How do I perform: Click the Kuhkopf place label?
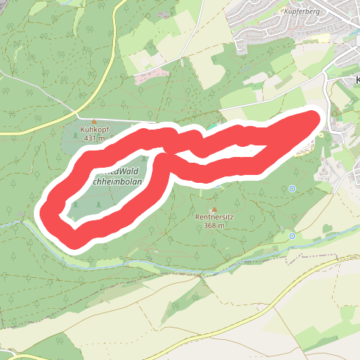(94, 130)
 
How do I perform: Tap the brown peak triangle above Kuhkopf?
(94, 121)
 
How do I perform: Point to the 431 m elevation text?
(94, 138)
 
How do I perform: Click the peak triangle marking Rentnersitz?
(214, 209)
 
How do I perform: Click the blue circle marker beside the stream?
(292, 236)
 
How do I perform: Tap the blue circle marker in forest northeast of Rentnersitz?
(292, 189)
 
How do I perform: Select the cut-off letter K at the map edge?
(357, 79)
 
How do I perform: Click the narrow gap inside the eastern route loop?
(216, 152)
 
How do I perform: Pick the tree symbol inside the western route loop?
(76, 204)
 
